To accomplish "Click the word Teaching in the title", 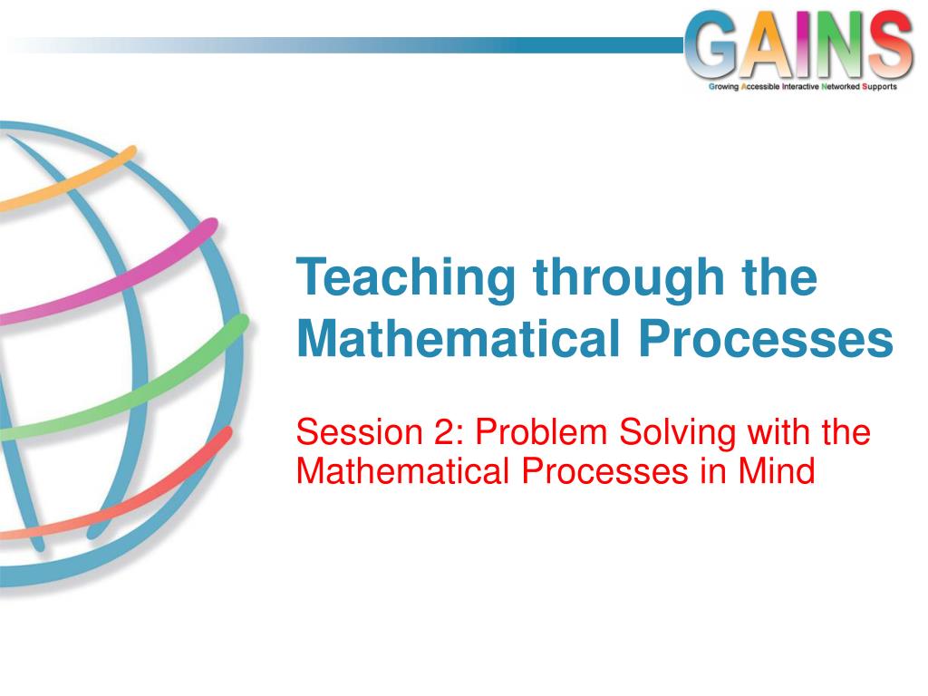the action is [x=406, y=279].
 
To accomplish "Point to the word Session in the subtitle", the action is [x=359, y=432].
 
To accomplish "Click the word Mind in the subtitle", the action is [x=777, y=471].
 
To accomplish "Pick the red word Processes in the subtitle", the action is [x=604, y=471].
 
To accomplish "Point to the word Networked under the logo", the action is [x=840, y=86].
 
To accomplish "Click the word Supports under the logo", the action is [x=879, y=87].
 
